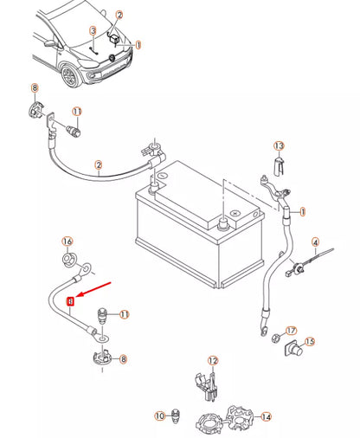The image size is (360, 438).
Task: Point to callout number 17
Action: (291, 331)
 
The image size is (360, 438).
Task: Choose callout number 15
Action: (310, 342)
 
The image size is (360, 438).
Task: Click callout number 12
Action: (213, 360)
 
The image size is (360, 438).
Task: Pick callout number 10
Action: (159, 416)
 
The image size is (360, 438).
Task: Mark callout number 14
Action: (266, 416)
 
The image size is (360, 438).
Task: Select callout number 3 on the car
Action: (93, 31)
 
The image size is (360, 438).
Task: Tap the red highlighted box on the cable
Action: (71, 300)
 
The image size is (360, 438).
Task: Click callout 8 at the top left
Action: (35, 88)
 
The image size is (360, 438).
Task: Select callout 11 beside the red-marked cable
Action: (124, 314)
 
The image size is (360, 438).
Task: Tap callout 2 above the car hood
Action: (119, 16)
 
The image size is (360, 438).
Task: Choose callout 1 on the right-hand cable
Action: (302, 211)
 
